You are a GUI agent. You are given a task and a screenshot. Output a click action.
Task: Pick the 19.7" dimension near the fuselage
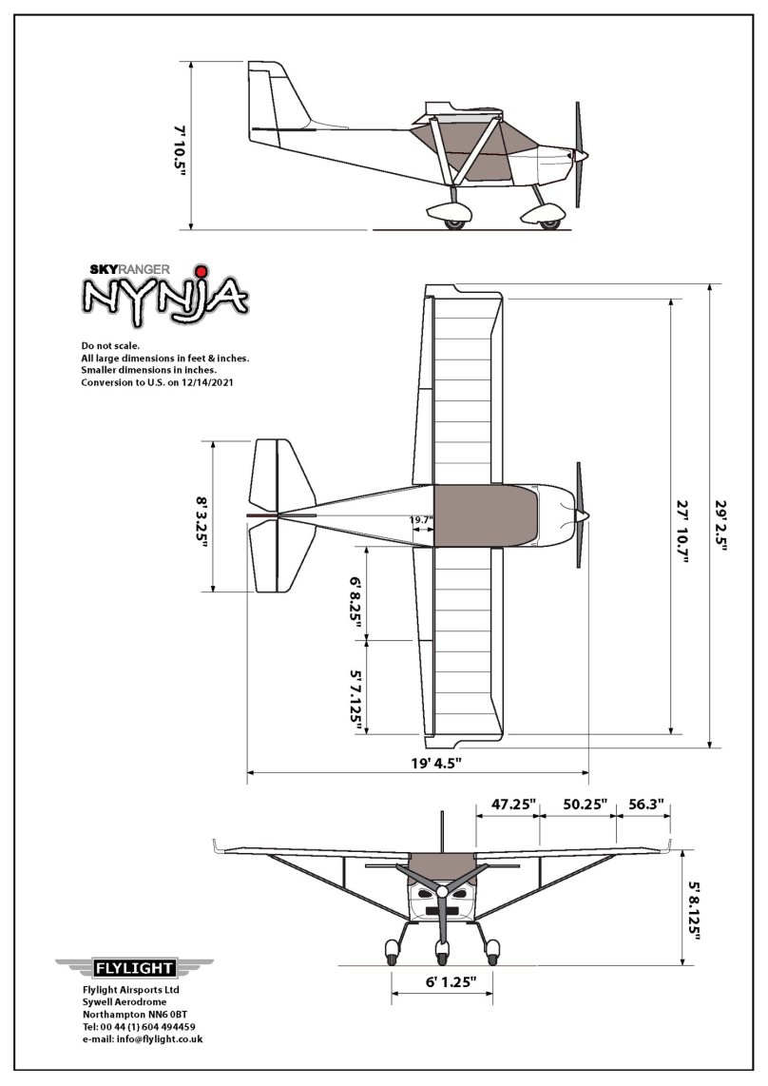click(x=421, y=520)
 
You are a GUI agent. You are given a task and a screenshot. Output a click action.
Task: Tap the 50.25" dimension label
click(x=585, y=804)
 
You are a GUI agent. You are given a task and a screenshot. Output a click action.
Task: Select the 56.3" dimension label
click(x=646, y=804)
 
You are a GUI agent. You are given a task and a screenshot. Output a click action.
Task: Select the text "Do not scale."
click(x=112, y=345)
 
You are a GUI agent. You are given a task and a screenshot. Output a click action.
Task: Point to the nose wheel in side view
click(x=548, y=221)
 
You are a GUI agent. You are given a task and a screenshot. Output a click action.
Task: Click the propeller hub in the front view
click(x=442, y=892)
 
